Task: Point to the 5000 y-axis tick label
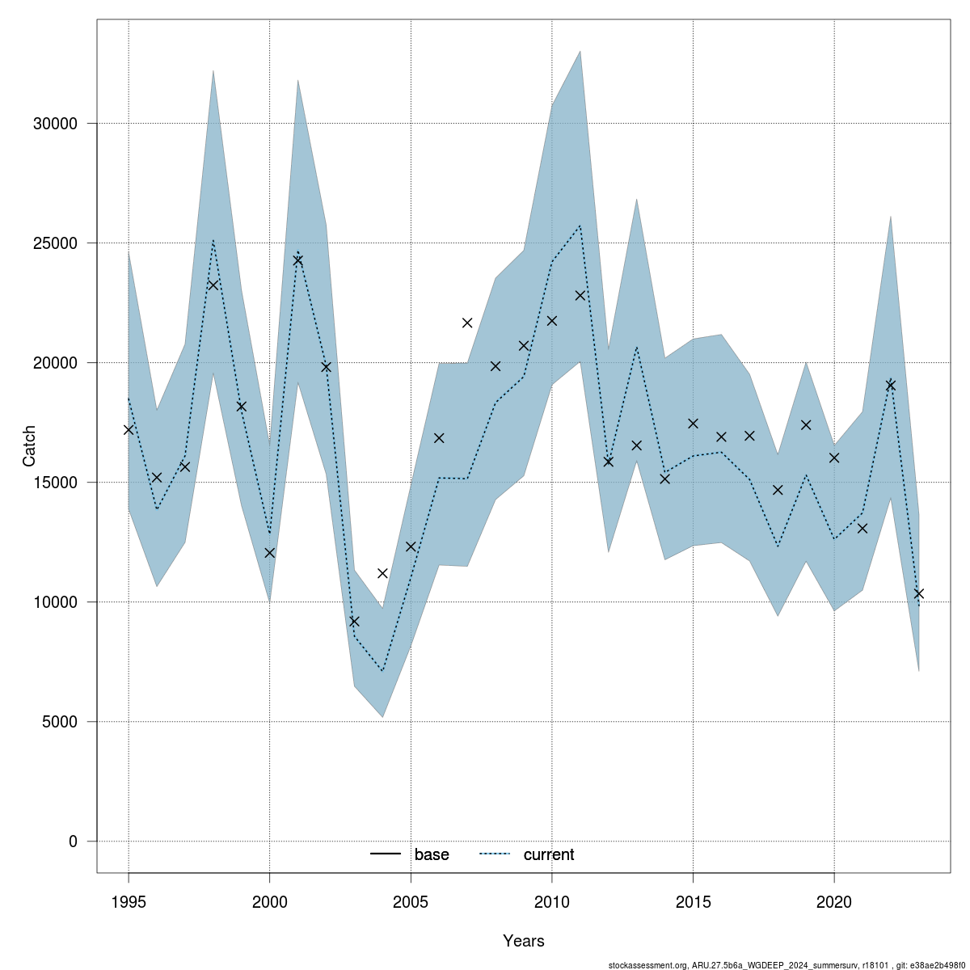coord(58,722)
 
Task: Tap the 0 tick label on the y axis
coord(74,841)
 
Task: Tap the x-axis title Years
coord(524,941)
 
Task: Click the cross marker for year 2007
coord(467,323)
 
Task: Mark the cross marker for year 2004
coord(382,573)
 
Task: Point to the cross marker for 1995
coord(129,429)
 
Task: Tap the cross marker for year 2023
coord(918,593)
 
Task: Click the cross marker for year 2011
coord(580,296)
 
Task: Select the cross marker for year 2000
coord(270,553)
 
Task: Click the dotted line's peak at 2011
coord(580,226)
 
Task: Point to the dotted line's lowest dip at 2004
coord(382,671)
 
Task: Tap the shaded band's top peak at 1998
coord(213,70)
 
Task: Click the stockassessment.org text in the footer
coord(647,965)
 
